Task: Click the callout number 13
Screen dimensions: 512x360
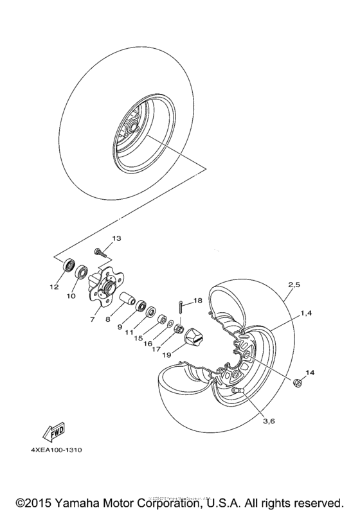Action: (116, 238)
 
